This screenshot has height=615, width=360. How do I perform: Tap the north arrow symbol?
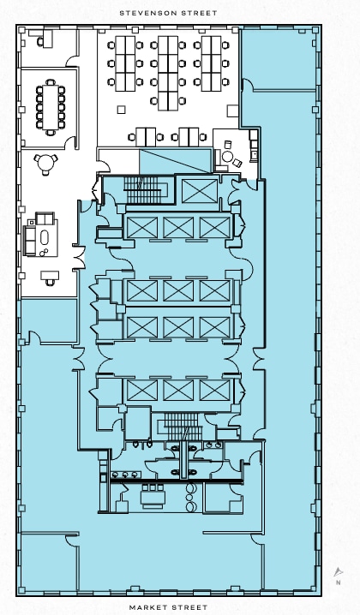(x=339, y=572)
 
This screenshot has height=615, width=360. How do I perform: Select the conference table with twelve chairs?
(x=51, y=107)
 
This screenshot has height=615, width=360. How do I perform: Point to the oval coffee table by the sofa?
(x=45, y=237)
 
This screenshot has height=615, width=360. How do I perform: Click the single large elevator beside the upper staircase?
(x=200, y=191)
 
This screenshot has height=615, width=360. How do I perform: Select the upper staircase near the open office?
(x=142, y=190)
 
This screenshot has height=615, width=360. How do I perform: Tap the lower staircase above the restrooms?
(x=181, y=427)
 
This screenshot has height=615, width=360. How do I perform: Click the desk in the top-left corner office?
(x=47, y=38)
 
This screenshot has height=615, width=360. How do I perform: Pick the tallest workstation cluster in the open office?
(x=168, y=74)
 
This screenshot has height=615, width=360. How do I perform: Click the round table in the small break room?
(x=227, y=157)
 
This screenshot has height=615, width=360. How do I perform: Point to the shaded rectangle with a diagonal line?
(x=176, y=161)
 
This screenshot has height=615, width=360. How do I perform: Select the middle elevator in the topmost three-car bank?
(x=178, y=228)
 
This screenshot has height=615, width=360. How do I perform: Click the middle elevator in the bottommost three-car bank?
(x=178, y=391)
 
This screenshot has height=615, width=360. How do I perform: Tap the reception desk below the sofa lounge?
(x=50, y=275)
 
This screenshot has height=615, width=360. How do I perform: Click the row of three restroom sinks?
(x=125, y=475)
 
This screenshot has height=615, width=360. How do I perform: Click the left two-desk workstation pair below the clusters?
(x=146, y=137)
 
